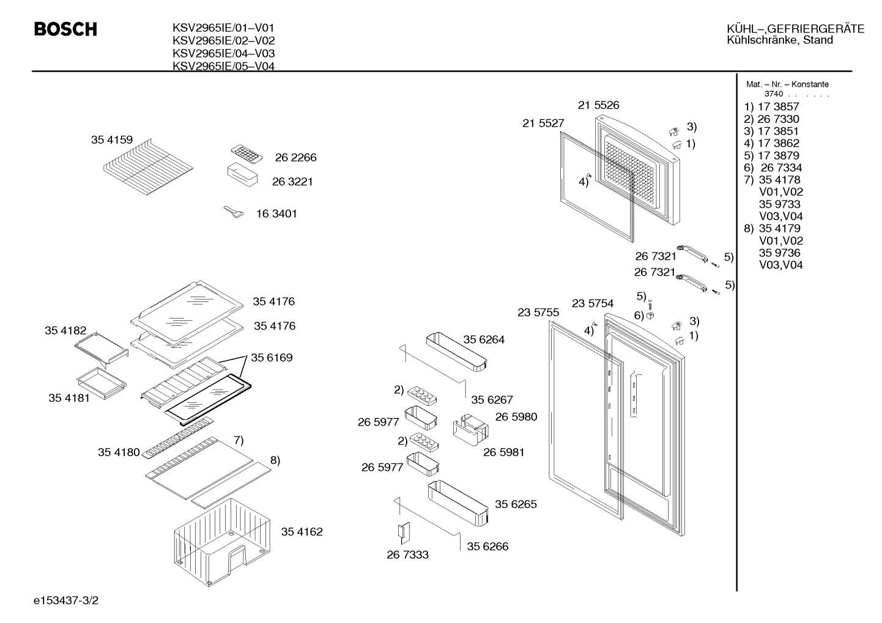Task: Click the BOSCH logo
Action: (x=65, y=29)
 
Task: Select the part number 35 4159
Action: (x=112, y=140)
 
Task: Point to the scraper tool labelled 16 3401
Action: (x=234, y=212)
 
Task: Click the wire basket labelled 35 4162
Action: (x=222, y=542)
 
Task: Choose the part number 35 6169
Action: (x=272, y=357)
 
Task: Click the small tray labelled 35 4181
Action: (x=102, y=383)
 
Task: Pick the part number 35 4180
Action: (x=119, y=452)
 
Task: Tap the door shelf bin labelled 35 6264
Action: (x=457, y=352)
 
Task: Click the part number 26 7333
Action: (x=407, y=555)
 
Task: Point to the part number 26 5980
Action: (x=516, y=416)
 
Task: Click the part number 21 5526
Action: (x=598, y=105)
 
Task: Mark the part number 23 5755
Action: (x=538, y=312)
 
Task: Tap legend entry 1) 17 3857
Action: (x=772, y=106)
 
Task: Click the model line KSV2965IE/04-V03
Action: (x=224, y=53)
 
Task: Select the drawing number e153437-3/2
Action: (x=66, y=600)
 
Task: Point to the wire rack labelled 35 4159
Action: (x=148, y=167)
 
